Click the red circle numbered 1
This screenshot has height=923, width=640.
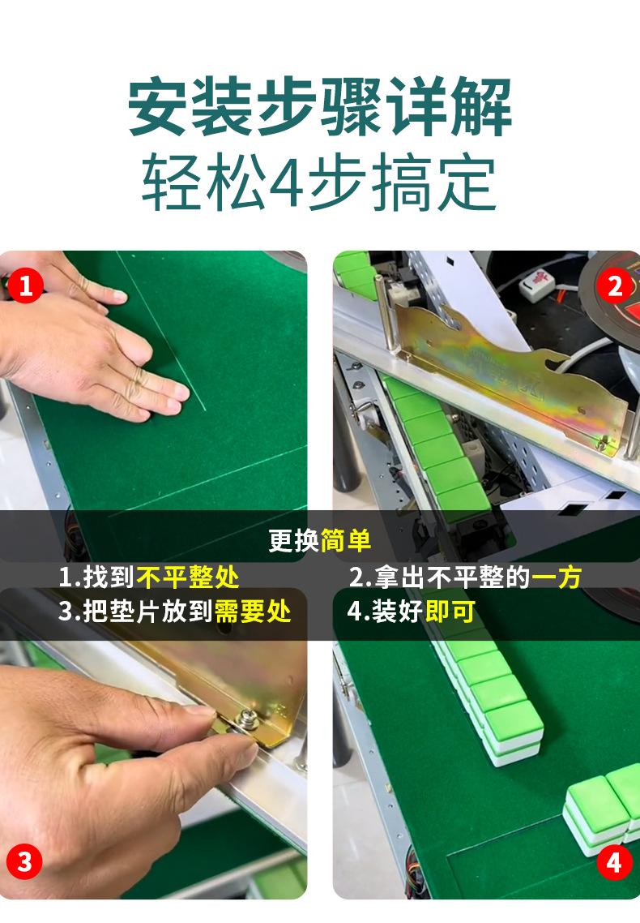(x=25, y=286)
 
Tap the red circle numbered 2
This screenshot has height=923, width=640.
(x=614, y=286)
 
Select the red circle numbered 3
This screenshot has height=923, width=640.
(x=24, y=862)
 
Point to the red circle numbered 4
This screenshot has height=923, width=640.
(x=614, y=862)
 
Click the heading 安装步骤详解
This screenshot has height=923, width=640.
(x=320, y=107)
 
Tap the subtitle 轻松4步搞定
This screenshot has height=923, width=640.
(x=320, y=182)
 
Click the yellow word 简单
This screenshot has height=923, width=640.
(x=346, y=540)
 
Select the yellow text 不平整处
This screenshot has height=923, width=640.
(x=188, y=577)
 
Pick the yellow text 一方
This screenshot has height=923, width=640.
(x=557, y=577)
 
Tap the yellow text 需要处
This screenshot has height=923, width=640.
(x=253, y=611)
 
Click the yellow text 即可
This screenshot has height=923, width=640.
(x=450, y=611)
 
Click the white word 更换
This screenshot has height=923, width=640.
(x=294, y=540)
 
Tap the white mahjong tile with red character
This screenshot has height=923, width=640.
(x=536, y=285)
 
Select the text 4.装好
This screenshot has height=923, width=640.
(x=386, y=611)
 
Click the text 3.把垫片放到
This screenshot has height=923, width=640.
(x=136, y=611)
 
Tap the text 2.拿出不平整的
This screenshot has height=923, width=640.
(x=440, y=577)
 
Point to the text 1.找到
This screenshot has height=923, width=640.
(x=97, y=577)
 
